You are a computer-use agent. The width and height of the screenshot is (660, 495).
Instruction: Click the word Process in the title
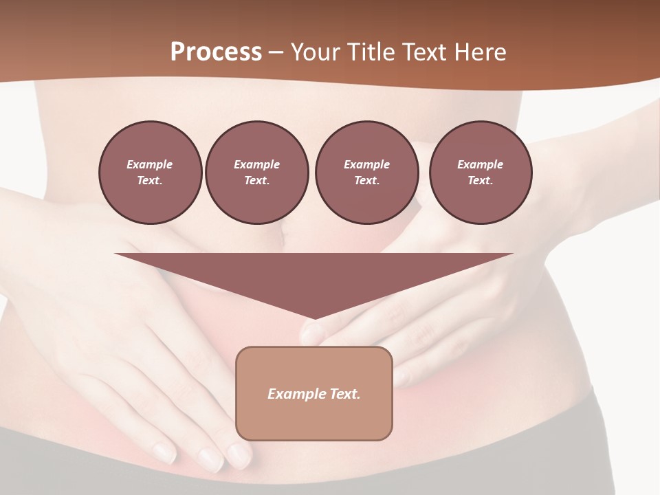[x=216, y=52]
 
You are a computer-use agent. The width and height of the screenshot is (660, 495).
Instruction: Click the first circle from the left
[x=150, y=173]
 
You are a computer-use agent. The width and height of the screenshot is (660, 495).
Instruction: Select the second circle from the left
[x=256, y=173]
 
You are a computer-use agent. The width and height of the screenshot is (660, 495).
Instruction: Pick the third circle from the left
[x=366, y=173]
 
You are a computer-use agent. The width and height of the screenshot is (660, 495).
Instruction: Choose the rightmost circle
[x=480, y=173]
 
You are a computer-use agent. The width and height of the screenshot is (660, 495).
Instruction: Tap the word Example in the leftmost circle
[x=150, y=164]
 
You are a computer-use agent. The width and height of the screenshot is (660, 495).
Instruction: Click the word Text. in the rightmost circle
[x=480, y=181]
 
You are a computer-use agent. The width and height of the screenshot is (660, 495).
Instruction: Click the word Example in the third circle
[x=366, y=164]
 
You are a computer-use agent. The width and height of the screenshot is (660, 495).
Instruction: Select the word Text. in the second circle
[x=256, y=181]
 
